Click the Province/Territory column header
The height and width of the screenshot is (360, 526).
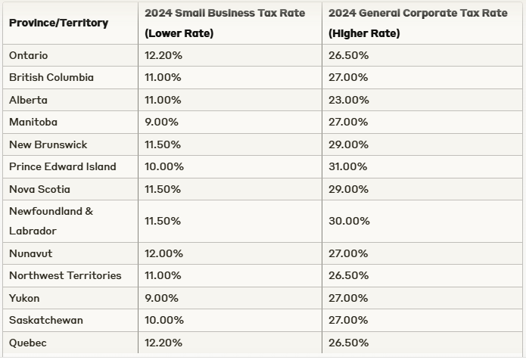58,23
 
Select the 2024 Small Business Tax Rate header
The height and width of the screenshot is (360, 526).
224,23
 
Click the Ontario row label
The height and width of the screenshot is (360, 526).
28,55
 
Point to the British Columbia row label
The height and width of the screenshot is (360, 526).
51,77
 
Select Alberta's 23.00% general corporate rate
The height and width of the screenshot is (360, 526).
348,100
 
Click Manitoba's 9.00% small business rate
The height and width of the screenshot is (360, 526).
161,122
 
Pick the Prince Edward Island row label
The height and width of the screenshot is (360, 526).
63,166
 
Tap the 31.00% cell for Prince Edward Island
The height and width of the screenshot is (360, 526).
348,166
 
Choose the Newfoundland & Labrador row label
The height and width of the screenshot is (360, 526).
51,221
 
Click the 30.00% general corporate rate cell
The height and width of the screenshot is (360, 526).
349,221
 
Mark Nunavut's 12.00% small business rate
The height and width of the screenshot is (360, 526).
163,253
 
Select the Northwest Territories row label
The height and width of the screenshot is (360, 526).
65,275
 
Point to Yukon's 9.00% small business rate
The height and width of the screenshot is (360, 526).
161,298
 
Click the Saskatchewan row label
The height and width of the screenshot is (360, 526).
46,320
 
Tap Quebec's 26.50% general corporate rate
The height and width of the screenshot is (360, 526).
348,343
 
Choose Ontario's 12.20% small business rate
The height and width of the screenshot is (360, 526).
163,55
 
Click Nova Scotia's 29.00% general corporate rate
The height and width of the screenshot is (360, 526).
348,188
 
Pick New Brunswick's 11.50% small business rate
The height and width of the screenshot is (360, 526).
163,144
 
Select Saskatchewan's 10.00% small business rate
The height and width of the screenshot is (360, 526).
163,320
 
